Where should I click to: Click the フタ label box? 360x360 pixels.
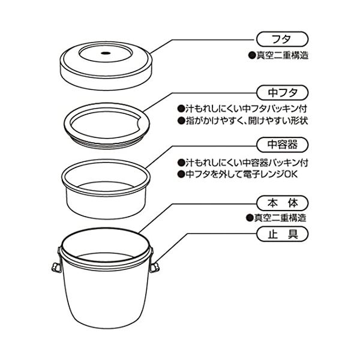tap(282, 39)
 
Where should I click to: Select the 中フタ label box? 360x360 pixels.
tap(282, 92)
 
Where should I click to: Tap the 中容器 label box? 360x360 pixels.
tap(282, 145)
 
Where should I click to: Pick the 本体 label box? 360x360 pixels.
tap(282, 203)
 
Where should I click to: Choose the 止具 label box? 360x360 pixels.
tap(282, 234)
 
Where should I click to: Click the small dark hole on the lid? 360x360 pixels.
tap(106, 53)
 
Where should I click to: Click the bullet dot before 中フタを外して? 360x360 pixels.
tap(181, 174)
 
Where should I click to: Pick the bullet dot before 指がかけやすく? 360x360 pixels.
tap(181, 121)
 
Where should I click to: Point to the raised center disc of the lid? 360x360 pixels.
tap(106, 53)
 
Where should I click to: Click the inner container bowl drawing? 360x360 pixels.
tap(106, 202)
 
